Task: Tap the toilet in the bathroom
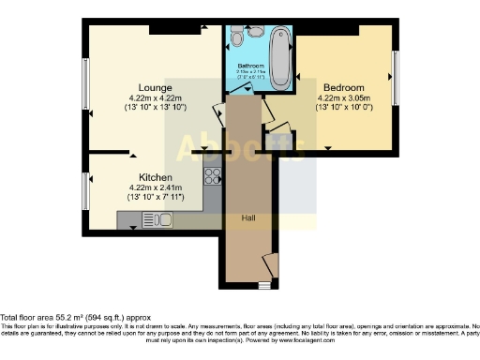coord(237,38)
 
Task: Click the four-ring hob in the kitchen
coord(211,176)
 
